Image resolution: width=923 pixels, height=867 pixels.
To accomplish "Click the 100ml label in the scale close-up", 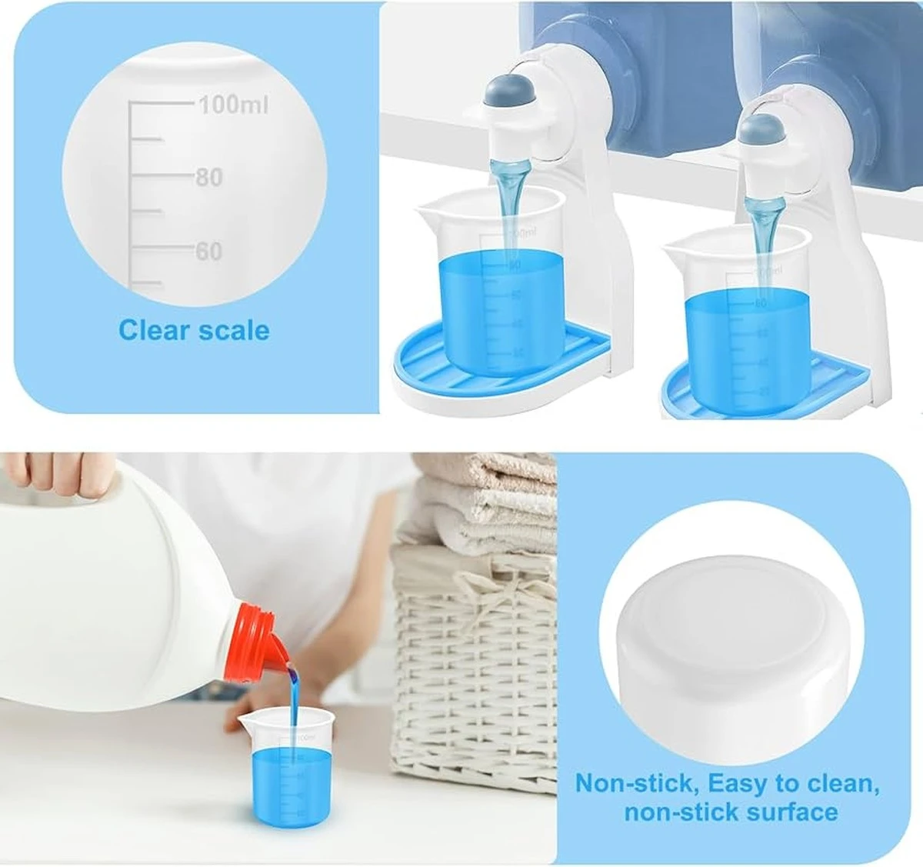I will [233, 105].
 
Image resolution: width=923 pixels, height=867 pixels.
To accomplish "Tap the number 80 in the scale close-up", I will [208, 178].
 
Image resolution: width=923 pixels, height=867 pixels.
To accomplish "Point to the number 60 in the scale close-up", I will [208, 252].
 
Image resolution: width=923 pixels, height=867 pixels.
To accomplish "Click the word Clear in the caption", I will [154, 330].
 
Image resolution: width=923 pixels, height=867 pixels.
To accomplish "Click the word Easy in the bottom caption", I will [738, 784].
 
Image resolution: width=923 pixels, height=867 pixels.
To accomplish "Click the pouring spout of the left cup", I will [425, 205].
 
